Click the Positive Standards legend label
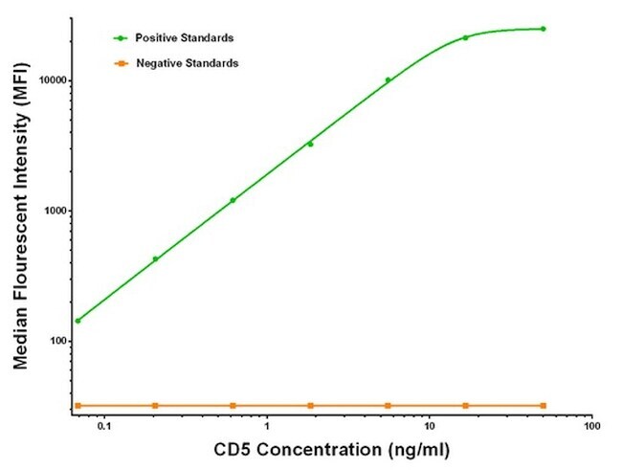click(185, 38)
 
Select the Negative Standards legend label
click(188, 63)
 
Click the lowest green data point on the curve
click(78, 321)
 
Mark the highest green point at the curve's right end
click(543, 29)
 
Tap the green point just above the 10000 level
click(388, 80)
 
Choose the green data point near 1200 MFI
click(233, 200)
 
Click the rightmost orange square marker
click(543, 406)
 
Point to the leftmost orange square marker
click(78, 406)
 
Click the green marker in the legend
click(121, 38)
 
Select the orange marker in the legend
click(121, 63)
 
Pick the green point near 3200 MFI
click(310, 145)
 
